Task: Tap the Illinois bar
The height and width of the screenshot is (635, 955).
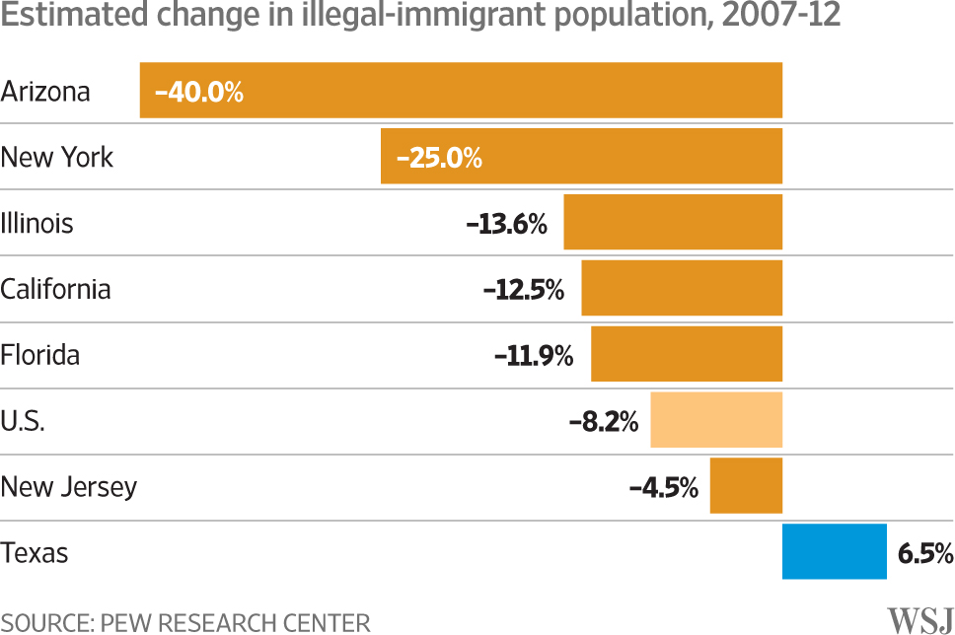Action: click(x=673, y=223)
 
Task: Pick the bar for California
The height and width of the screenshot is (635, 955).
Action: click(x=682, y=289)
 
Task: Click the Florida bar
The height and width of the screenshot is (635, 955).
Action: click(x=687, y=354)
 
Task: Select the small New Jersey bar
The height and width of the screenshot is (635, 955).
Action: click(x=746, y=486)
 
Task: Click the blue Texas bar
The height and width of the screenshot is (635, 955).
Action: click(x=834, y=552)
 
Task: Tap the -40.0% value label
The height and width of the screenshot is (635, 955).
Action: click(x=198, y=93)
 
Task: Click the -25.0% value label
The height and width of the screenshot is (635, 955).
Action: click(x=439, y=158)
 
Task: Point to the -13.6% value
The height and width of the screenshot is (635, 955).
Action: click(x=506, y=224)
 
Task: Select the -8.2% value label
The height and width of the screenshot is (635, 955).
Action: click(x=604, y=422)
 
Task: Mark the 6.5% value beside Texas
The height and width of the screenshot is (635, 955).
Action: click(x=924, y=553)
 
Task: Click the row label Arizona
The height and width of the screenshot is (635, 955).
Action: click(x=45, y=92)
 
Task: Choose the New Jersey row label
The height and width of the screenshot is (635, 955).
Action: click(x=69, y=487)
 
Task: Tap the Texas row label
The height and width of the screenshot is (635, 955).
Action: click(x=35, y=553)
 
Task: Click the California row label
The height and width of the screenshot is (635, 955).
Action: click(x=56, y=289)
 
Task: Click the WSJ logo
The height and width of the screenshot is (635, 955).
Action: click(x=919, y=620)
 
